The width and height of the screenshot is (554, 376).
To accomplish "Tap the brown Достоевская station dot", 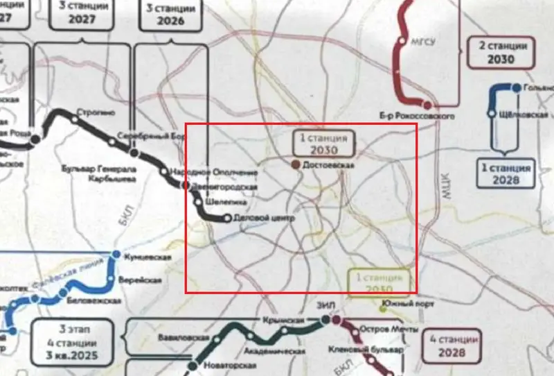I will [x=296, y=165].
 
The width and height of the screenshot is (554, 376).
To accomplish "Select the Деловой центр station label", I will [x=265, y=219].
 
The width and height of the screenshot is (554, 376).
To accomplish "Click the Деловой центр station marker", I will [x=226, y=219].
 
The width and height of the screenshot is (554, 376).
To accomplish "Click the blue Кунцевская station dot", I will [x=117, y=253].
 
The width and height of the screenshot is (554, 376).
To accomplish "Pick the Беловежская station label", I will [x=94, y=300].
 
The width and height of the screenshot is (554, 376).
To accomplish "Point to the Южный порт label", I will [x=409, y=302].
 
